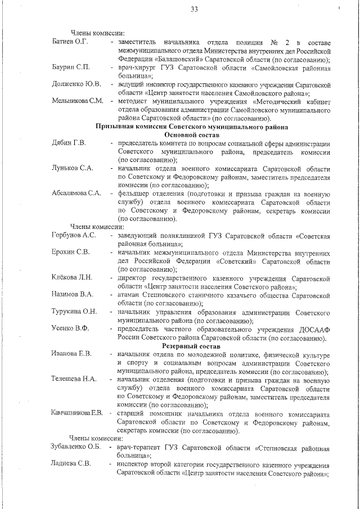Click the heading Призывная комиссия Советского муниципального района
[192, 127]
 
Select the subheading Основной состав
[192, 135]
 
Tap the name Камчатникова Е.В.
[77, 413]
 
